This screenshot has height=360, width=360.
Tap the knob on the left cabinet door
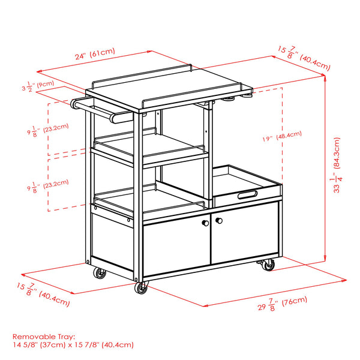(205, 223)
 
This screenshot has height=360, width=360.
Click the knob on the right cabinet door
(218, 222)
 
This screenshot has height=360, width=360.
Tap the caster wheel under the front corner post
(142, 289)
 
